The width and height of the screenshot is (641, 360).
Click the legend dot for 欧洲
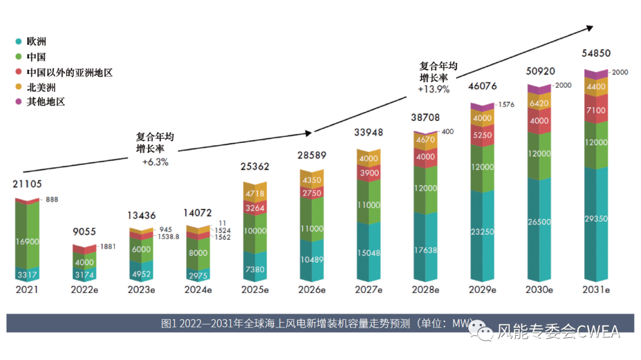coord(19,42)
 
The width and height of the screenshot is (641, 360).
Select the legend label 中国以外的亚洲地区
coord(69,73)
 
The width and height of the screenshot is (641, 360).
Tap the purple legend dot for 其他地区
coord(19,101)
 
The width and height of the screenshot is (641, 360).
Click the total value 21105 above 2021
coord(27,184)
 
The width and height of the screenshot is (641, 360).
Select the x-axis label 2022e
coord(84,290)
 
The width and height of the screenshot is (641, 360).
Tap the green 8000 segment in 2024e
coord(198,253)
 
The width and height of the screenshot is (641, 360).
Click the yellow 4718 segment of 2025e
coord(255,192)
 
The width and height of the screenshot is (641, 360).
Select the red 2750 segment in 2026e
coord(312,193)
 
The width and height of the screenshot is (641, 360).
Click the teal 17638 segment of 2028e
coord(425,250)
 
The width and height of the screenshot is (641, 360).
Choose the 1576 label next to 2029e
coord(506,104)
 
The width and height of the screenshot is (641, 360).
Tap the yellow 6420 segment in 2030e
coord(539,103)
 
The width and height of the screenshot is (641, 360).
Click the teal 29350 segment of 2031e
coord(595,219)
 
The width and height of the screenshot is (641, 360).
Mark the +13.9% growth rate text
coord(433,90)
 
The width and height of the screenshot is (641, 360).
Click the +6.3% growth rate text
coord(156,162)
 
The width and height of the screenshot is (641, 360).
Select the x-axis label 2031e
coord(595,290)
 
